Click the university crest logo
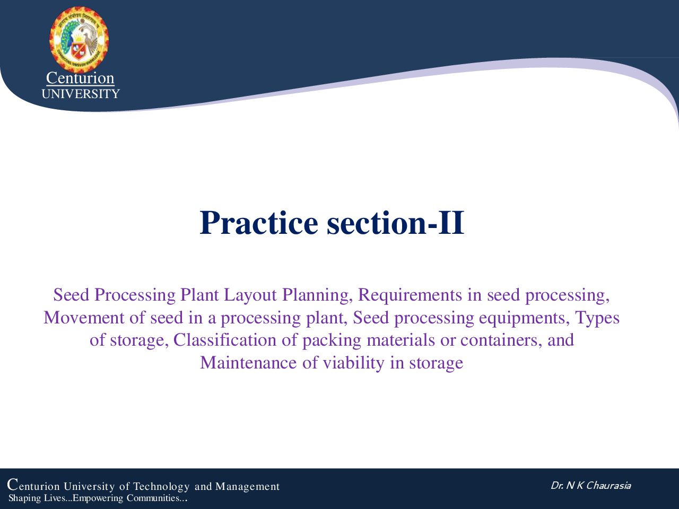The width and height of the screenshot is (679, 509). pyautogui.click(x=79, y=40)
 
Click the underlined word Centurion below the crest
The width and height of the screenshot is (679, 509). pyautogui.click(x=80, y=78)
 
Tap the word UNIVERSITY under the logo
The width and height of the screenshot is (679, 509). pyautogui.click(x=81, y=94)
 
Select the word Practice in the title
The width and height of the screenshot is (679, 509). pyautogui.click(x=259, y=223)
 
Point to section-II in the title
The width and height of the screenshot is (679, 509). pyautogui.click(x=396, y=223)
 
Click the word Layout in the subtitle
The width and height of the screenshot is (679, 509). pyautogui.click(x=250, y=295)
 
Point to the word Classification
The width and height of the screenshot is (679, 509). pyautogui.click(x=224, y=340)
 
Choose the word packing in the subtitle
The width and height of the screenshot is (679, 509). pyautogui.click(x=332, y=341)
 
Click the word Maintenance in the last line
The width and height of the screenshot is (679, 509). pyautogui.click(x=248, y=363)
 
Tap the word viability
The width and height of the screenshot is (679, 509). pyautogui.click(x=354, y=363)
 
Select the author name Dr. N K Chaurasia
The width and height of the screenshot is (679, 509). pyautogui.click(x=591, y=486)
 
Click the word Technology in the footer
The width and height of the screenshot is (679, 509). pyautogui.click(x=161, y=487)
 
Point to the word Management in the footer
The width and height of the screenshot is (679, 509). pyautogui.click(x=248, y=487)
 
